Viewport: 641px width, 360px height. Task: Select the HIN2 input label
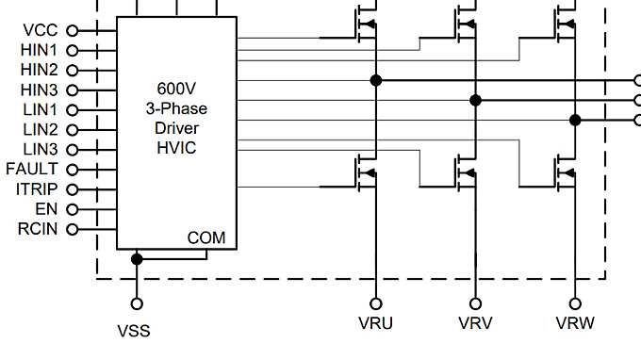40,70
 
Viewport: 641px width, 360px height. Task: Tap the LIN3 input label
41,149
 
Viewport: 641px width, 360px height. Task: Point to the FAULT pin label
32,169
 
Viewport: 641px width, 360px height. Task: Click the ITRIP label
37,189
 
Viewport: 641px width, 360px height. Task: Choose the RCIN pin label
38,229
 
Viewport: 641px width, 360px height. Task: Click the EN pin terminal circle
71,209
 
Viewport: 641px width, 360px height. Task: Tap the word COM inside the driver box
206,237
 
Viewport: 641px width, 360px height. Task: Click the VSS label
134,331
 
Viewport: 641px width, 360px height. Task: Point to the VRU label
375,324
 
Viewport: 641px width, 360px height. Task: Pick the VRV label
475,324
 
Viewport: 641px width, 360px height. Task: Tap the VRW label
575,324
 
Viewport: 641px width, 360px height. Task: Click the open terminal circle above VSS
137,303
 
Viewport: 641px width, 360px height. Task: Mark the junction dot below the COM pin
137,259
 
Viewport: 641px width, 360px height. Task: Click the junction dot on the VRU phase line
376,81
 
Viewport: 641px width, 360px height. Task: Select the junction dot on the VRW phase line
575,120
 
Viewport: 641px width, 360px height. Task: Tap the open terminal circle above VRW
575,303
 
